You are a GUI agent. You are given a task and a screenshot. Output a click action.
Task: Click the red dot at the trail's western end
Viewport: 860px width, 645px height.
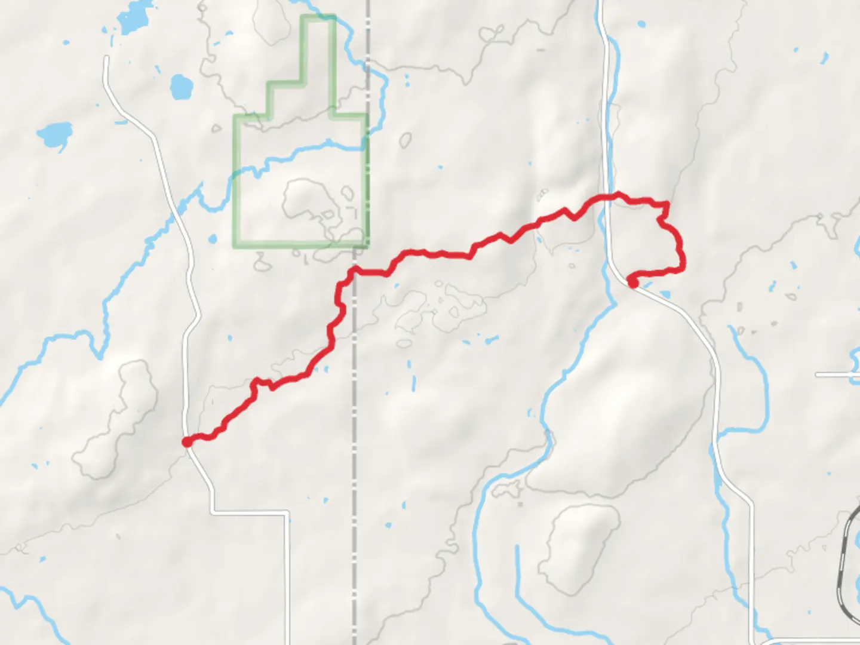tap(187, 441)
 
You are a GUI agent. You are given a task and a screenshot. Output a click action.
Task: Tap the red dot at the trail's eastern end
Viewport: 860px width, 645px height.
tap(632, 282)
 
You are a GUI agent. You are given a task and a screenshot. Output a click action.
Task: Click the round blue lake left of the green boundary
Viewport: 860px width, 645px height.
tap(180, 87)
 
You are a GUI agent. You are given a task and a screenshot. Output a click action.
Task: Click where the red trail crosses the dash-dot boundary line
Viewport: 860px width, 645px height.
tap(355, 272)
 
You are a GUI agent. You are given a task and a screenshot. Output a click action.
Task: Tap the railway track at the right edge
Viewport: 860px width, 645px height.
tap(847, 555)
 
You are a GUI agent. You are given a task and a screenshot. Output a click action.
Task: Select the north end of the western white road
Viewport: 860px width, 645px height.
tap(106, 59)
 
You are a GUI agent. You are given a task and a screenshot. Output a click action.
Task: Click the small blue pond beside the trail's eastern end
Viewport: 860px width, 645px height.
tap(664, 294)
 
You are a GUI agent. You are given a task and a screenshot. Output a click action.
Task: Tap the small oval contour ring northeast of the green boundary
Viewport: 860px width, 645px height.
tap(406, 140)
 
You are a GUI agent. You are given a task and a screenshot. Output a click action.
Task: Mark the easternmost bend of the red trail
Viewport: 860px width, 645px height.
tap(682, 263)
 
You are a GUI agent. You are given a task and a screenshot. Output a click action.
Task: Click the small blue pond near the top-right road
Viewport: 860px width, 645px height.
tap(641, 24)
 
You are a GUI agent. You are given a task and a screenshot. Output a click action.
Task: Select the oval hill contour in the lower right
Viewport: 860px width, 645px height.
tap(578, 546)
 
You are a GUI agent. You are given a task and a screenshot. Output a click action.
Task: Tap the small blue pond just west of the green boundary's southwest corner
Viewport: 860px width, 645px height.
tap(213, 239)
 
